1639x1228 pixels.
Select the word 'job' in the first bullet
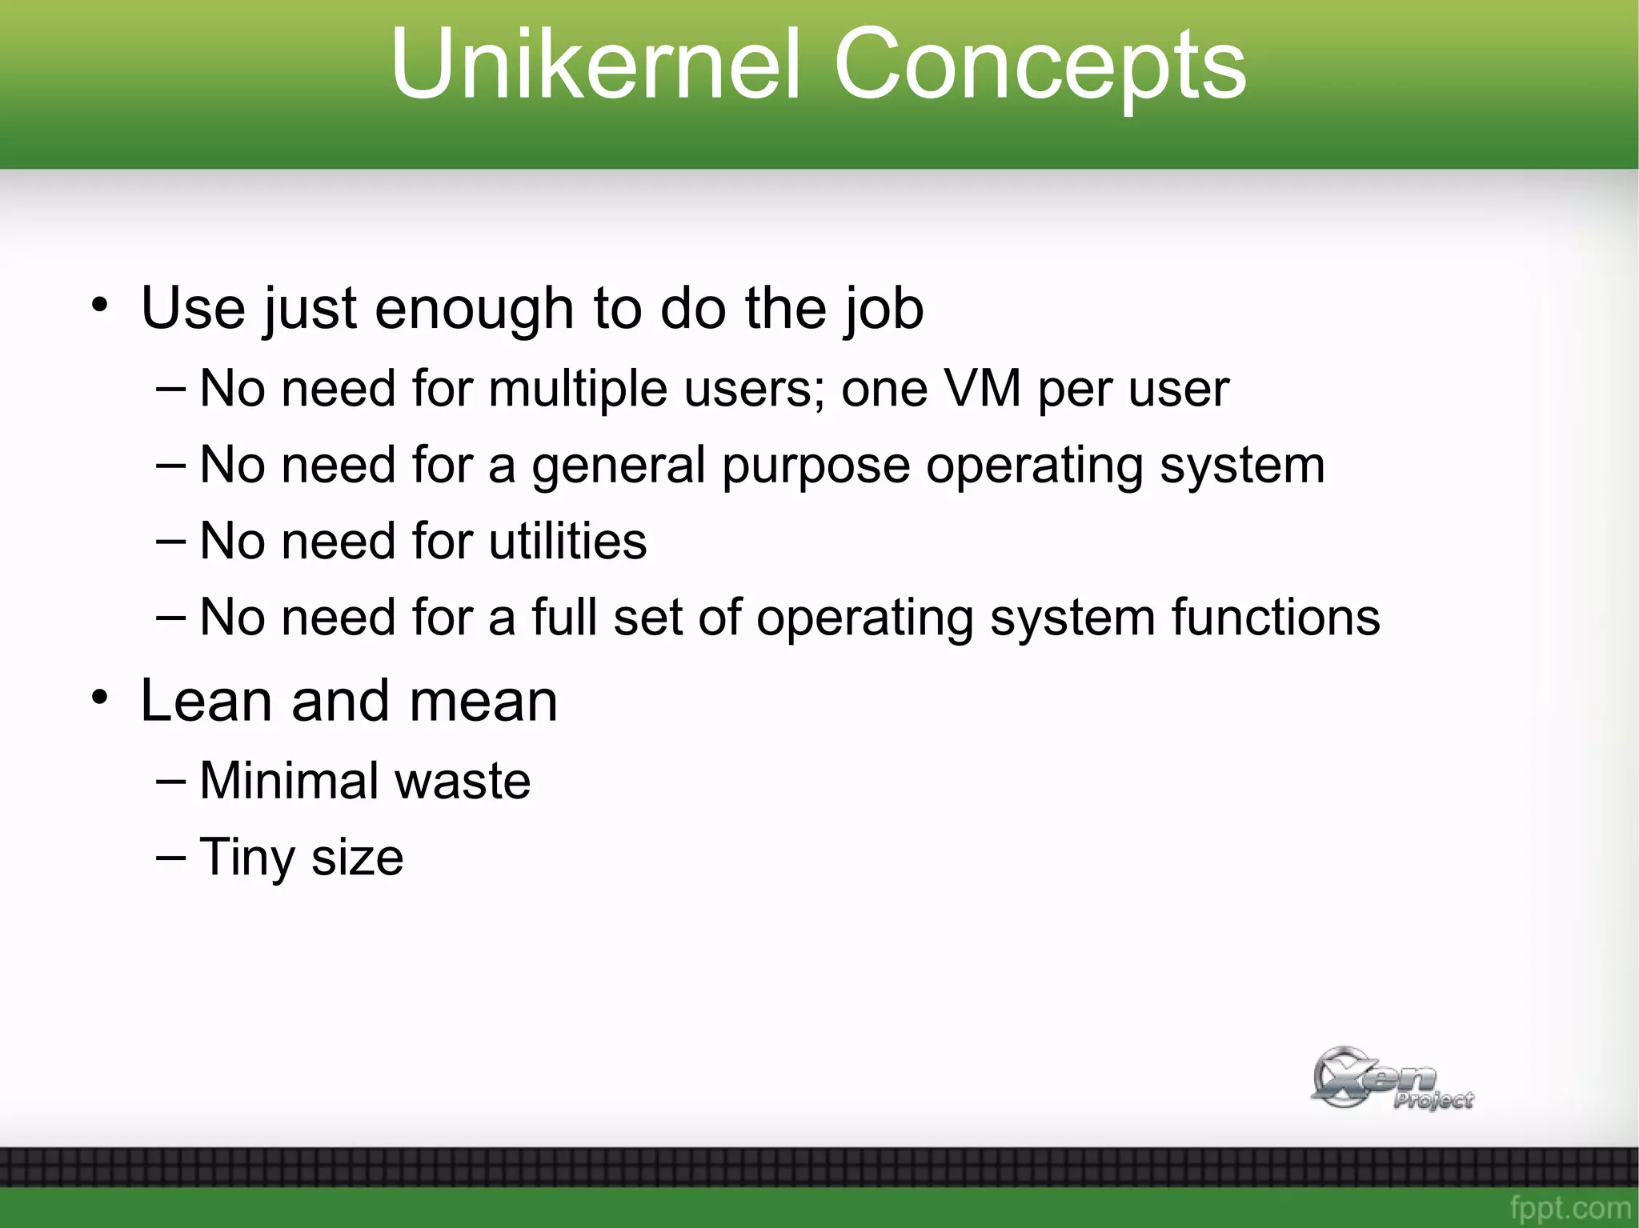point(884,309)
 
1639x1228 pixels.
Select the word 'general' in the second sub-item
point(617,466)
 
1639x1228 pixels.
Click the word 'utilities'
point(567,541)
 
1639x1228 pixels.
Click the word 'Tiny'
point(247,858)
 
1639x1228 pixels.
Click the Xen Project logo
point(1390,1078)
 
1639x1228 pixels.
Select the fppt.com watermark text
point(1569,1206)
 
